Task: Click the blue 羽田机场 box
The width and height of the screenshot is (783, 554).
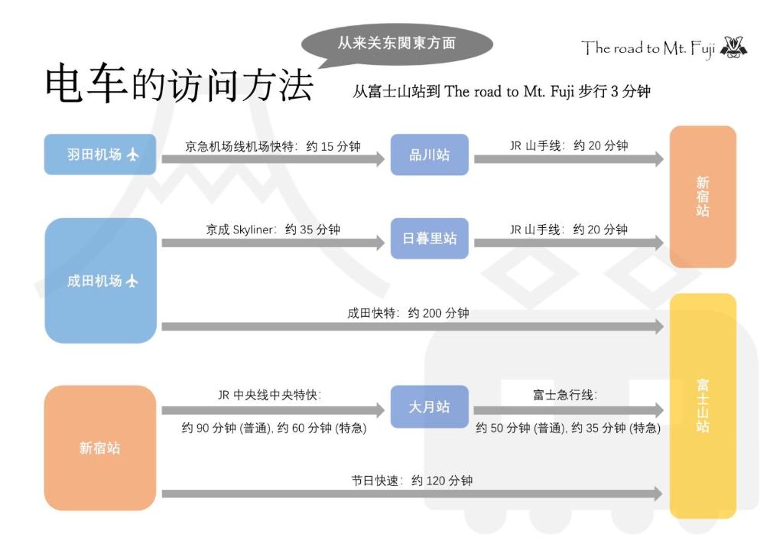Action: tap(100, 155)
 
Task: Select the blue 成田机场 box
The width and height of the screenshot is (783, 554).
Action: tap(100, 281)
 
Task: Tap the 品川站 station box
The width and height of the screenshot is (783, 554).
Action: tap(430, 155)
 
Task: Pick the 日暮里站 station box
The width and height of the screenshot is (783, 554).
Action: tap(430, 238)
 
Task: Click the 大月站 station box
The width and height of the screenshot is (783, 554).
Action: tap(430, 406)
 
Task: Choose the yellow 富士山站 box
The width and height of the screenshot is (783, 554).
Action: tap(703, 406)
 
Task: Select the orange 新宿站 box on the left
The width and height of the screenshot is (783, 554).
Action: tap(100, 448)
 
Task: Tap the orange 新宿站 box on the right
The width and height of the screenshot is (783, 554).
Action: tap(703, 197)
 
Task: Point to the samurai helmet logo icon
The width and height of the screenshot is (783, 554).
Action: tap(734, 47)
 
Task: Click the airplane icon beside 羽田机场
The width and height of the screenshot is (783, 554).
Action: tap(132, 155)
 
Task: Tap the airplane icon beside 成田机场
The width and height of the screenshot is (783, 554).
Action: tap(132, 282)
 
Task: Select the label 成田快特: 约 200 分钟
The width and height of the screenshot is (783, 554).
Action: tap(408, 313)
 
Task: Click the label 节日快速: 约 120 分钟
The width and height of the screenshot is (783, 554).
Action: tap(412, 481)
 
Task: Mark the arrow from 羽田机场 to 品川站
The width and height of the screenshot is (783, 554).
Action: tap(273, 159)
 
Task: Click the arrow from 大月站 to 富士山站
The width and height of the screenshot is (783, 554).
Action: tap(569, 411)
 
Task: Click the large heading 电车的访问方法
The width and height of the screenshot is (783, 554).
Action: tap(179, 83)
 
